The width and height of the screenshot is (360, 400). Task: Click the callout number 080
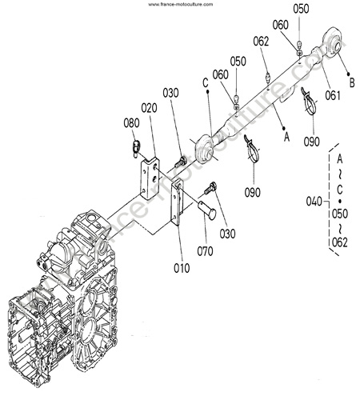point(131,123)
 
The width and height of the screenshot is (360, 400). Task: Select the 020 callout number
point(149,108)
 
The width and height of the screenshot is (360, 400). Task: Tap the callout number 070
point(205,251)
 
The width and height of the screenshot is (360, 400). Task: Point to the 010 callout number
point(182,268)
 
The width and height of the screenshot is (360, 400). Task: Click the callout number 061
point(333,95)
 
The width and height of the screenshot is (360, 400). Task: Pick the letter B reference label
point(352,83)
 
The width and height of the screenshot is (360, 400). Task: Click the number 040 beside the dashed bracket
point(314,202)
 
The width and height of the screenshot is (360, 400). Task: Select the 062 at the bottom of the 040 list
point(340,242)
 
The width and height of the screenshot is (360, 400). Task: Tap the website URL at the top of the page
point(181,4)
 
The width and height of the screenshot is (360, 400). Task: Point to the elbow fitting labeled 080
point(136,147)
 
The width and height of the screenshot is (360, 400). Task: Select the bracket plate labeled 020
point(150,178)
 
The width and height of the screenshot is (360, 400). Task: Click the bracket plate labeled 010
point(177,202)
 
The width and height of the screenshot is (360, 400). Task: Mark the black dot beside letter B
point(348,74)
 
